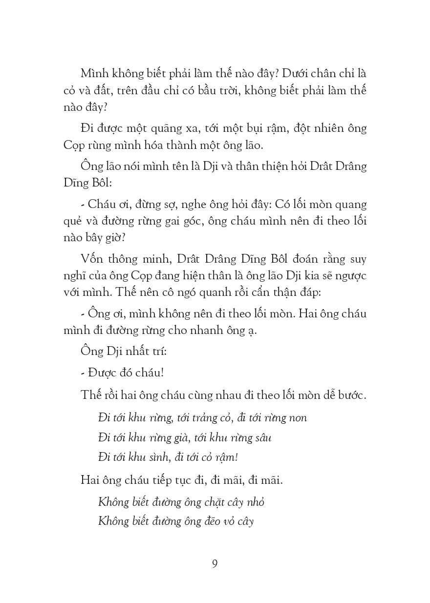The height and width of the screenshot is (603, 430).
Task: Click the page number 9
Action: point(215,564)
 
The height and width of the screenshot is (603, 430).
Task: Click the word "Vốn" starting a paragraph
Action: point(92,259)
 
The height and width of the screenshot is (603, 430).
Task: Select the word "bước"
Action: point(349,395)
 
